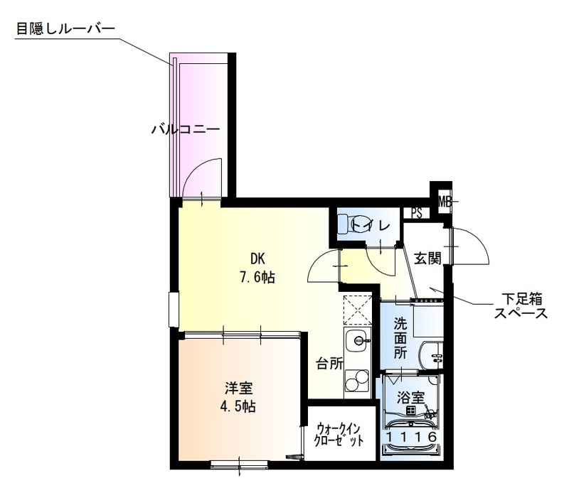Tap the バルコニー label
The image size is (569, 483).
point(185,129)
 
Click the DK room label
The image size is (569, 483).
point(257,259)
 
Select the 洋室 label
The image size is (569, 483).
point(240,389)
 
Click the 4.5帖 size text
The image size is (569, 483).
point(240,407)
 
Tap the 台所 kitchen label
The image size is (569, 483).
point(329,363)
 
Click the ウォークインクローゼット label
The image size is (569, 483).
point(339,434)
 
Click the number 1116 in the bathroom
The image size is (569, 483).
point(410,438)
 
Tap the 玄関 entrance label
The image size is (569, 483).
point(427,259)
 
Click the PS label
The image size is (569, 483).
point(417,212)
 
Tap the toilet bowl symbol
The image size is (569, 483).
point(349,224)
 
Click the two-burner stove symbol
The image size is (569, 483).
point(354,382)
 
